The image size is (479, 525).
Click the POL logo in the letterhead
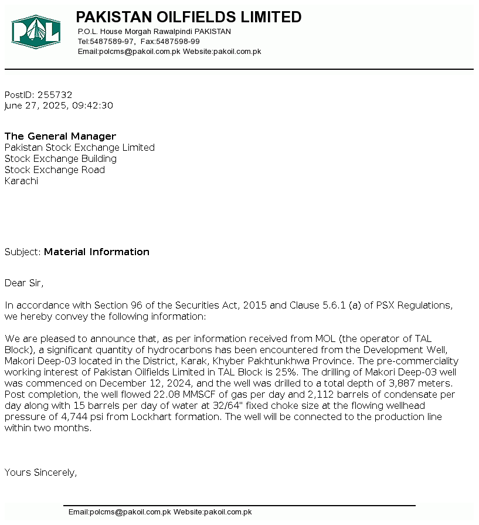[36, 32]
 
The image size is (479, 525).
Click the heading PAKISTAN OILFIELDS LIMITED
[189, 17]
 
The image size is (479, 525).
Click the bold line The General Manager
[60, 137]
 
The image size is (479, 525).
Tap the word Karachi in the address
[21, 181]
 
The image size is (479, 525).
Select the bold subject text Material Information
[97, 252]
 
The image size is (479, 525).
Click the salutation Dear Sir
[23, 283]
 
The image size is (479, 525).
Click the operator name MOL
[325, 339]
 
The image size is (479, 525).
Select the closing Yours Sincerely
[40, 473]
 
